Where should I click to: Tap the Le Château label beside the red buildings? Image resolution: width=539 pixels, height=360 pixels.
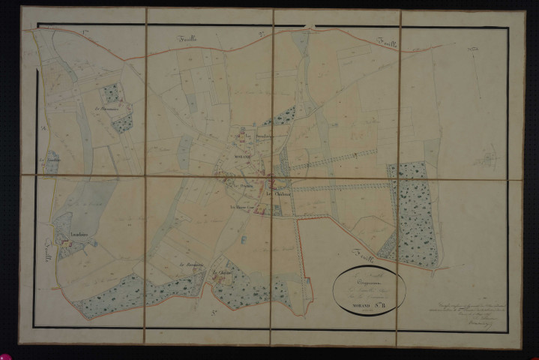point(283,193)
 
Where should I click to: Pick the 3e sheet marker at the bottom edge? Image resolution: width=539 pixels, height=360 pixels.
point(214,312)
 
